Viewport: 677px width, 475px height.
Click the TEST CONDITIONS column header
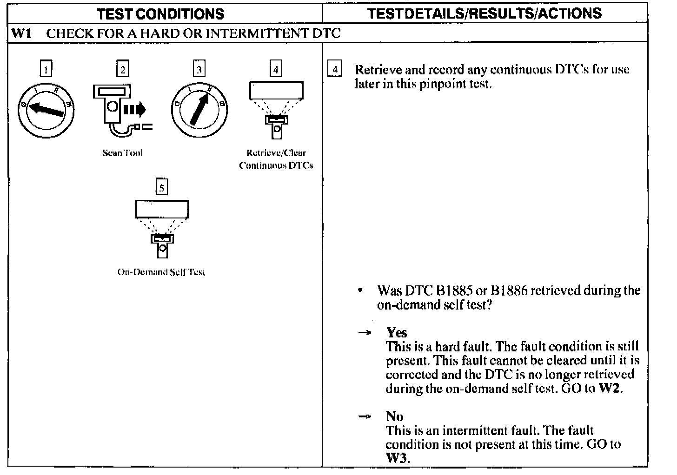[x=161, y=13]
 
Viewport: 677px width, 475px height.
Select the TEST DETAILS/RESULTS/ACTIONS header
[x=484, y=13]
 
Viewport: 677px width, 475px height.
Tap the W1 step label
[x=21, y=33]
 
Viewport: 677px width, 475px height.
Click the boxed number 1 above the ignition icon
[x=46, y=69]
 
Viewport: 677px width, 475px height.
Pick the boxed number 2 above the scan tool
[x=122, y=69]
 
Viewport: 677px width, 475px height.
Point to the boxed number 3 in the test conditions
[x=199, y=69]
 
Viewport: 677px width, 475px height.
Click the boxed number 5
[x=161, y=187]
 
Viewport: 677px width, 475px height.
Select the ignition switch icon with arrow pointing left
[x=46, y=110]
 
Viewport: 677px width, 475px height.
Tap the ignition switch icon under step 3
[x=199, y=110]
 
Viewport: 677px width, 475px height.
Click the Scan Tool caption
[x=122, y=153]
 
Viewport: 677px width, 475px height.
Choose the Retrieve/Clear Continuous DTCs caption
[x=276, y=159]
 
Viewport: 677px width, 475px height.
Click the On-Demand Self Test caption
[x=161, y=272]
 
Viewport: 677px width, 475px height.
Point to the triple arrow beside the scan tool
[x=135, y=110]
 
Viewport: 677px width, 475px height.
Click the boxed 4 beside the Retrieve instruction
[x=335, y=70]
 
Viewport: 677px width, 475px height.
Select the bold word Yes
[x=397, y=332]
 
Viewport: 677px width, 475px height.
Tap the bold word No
[x=394, y=416]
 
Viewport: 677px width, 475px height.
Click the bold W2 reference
[x=610, y=389]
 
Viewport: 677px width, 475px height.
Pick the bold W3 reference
[x=397, y=458]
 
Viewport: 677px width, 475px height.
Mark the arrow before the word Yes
[x=366, y=333]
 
